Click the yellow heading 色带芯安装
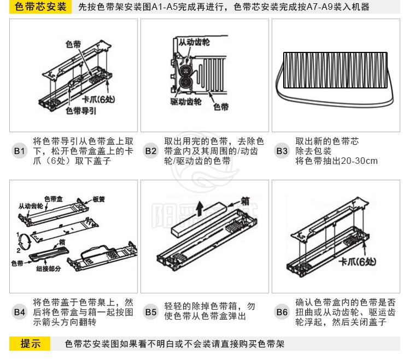point(41,7)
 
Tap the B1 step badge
point(20,150)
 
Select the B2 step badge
point(151,150)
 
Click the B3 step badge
point(282,150)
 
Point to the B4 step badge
point(20,312)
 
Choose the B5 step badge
point(151,312)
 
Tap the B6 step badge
point(282,312)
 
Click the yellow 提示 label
point(31,344)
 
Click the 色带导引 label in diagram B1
point(81,110)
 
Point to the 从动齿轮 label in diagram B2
point(194,42)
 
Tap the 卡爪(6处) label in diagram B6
point(358,262)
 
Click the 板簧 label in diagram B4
point(99,199)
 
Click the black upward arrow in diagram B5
point(201,207)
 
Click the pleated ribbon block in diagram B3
point(335,69)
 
